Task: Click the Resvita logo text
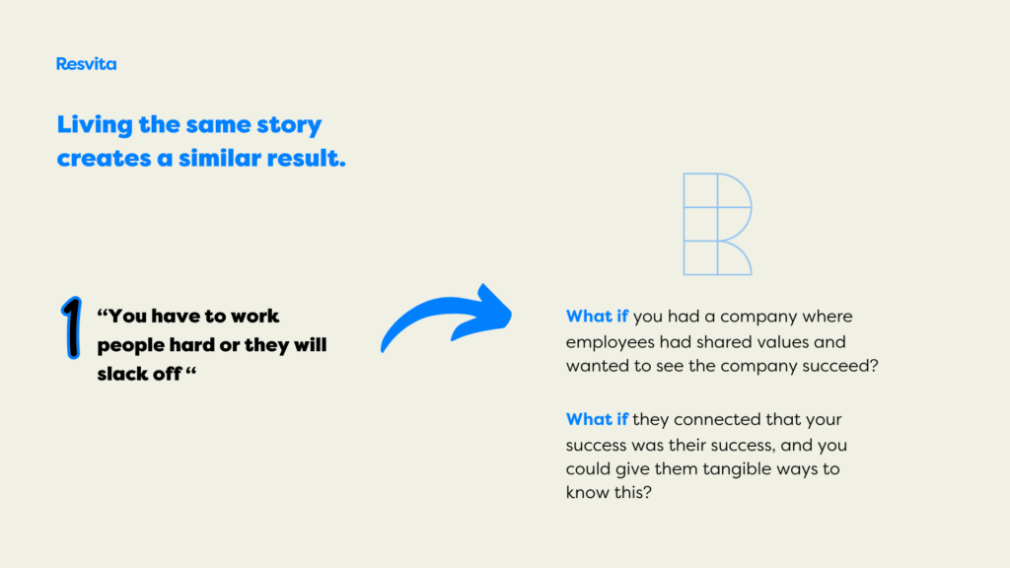pos(87,64)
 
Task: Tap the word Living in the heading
pos(95,125)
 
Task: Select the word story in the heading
pos(289,125)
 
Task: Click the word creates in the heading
pos(104,159)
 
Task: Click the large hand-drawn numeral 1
pos(71,327)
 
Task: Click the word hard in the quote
pos(192,344)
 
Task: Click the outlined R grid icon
pos(718,224)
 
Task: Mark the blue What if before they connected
pos(597,419)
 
